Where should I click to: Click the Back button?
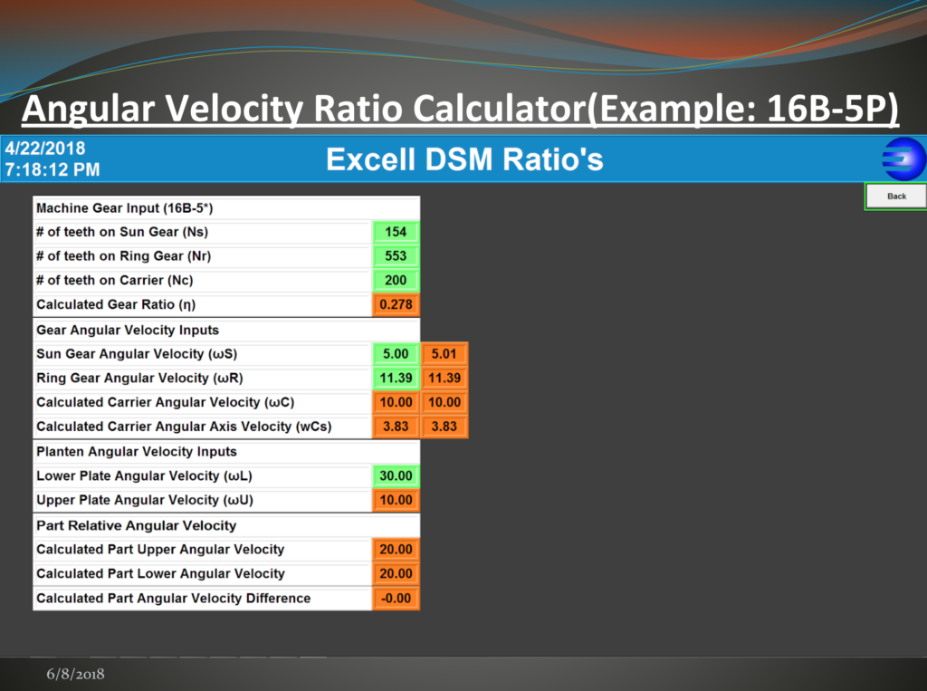pos(895,197)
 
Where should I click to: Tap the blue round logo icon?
pos(904,159)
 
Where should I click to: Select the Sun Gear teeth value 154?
pos(397,232)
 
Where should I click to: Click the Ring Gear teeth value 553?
pos(397,256)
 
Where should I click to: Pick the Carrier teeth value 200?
pos(397,281)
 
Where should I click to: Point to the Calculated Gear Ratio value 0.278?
pos(397,304)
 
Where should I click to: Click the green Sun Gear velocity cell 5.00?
pos(397,354)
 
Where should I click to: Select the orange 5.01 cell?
pos(444,354)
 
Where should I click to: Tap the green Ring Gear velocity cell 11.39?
pos(397,378)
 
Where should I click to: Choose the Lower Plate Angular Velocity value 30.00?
pos(397,475)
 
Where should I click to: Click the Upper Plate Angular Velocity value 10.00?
pos(397,500)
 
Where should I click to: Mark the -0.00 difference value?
pos(397,598)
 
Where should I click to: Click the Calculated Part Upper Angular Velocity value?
pos(397,550)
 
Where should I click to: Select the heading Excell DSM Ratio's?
pos(464,159)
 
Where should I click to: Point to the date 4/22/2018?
pos(45,149)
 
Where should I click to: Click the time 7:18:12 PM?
pos(53,169)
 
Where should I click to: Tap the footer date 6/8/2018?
pos(76,674)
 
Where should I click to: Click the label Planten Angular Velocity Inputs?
pos(137,451)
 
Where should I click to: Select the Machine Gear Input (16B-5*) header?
pos(125,208)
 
